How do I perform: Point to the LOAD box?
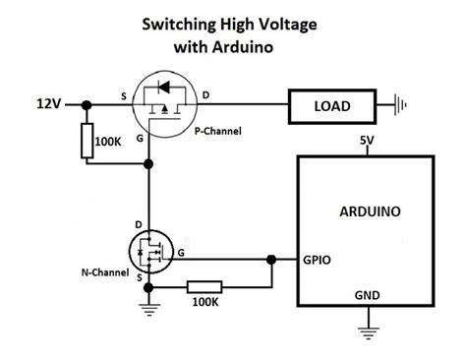coord(333,103)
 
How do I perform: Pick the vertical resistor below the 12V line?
coord(87,144)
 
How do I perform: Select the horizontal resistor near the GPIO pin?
coord(204,287)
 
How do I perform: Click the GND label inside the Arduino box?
coord(365,293)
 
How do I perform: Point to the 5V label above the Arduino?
coord(366,141)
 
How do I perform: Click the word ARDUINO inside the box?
coord(365,210)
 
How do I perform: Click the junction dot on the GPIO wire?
coord(270,261)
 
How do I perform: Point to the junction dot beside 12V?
coord(87,103)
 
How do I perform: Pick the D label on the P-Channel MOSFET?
coord(205,94)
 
